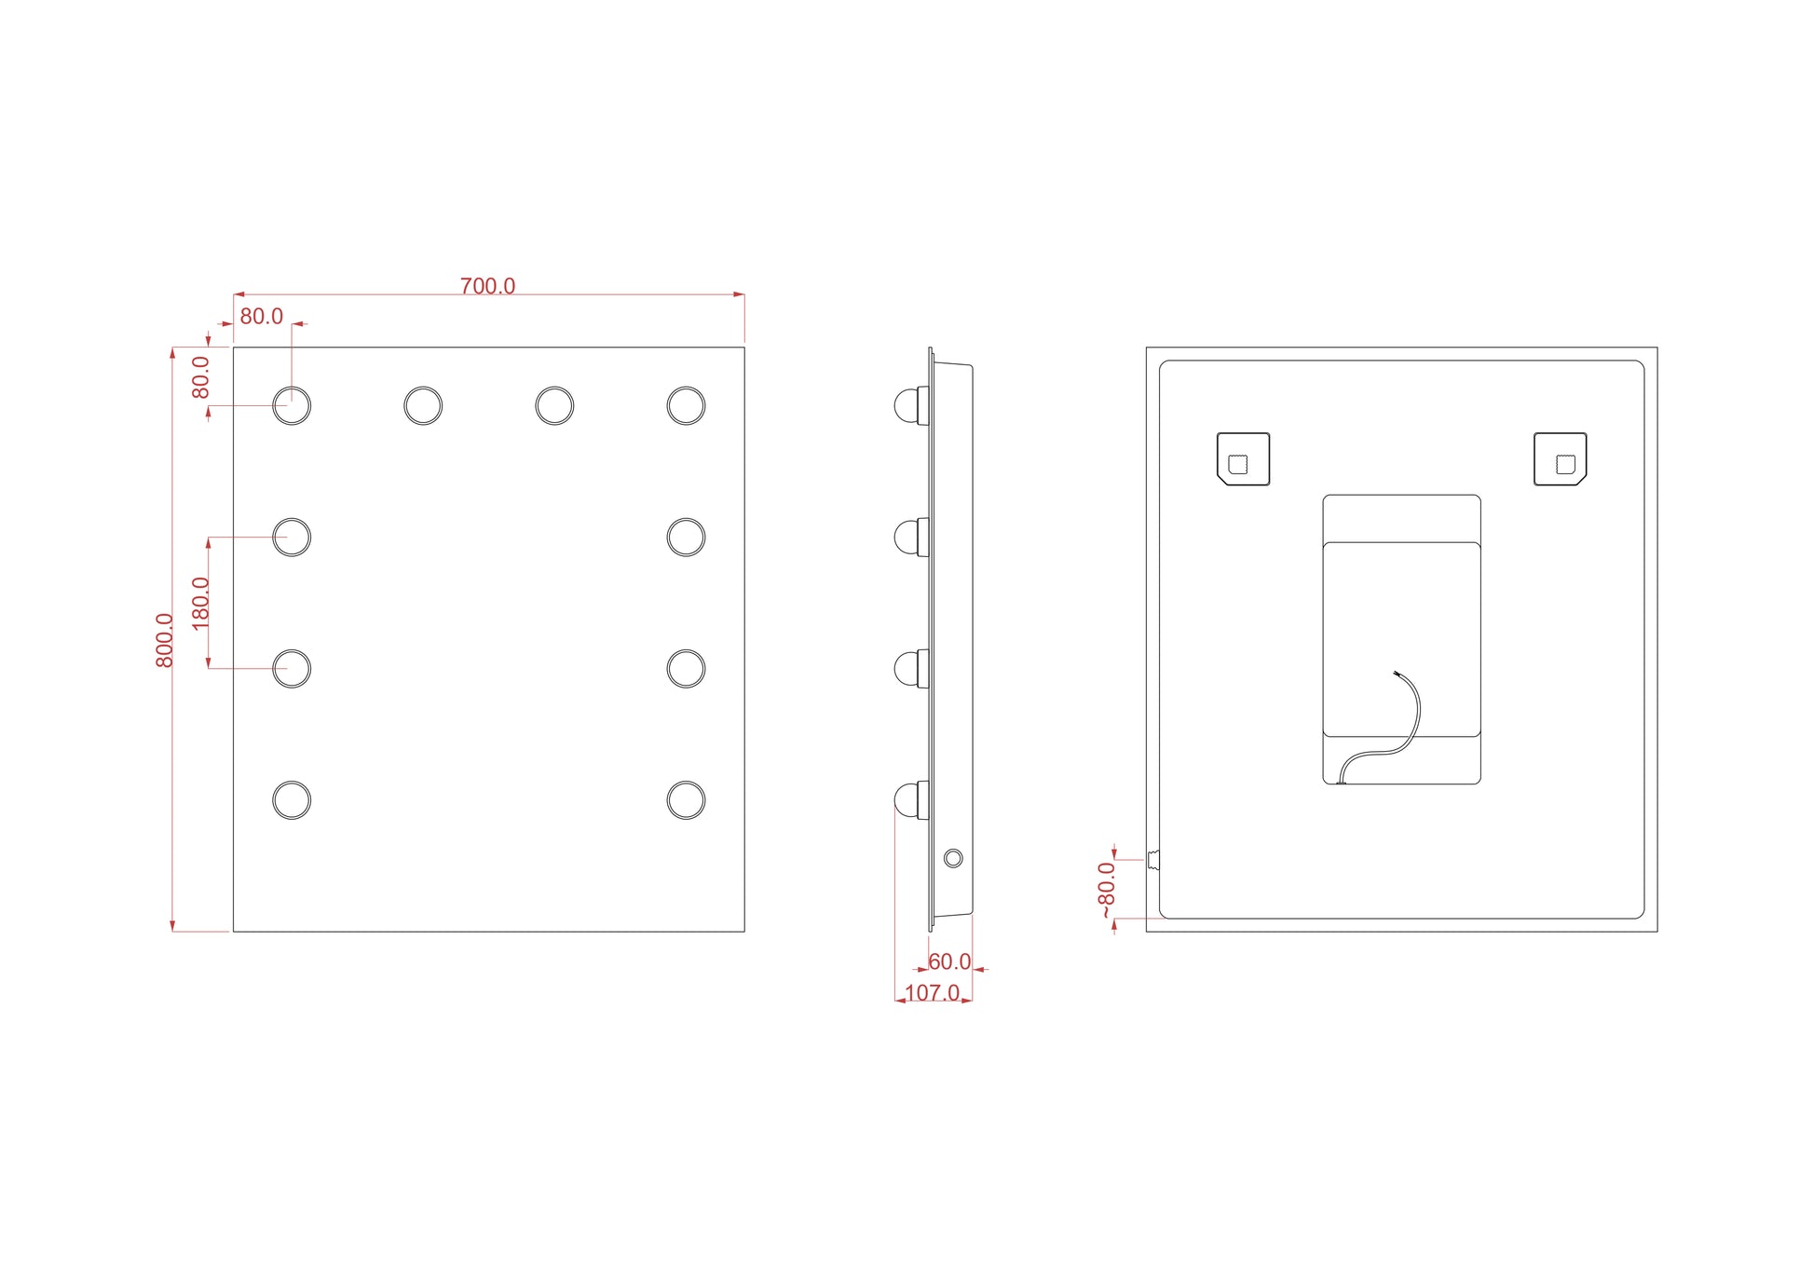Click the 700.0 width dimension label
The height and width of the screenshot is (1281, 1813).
487,286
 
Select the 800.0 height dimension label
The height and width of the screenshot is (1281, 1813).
165,640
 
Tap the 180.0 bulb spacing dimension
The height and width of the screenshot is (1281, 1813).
200,603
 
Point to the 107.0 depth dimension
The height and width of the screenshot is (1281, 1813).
932,992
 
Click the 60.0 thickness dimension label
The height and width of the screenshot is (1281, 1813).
949,961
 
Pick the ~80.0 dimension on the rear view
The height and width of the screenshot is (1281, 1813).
1106,890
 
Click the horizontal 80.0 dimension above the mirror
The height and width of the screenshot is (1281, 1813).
261,317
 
